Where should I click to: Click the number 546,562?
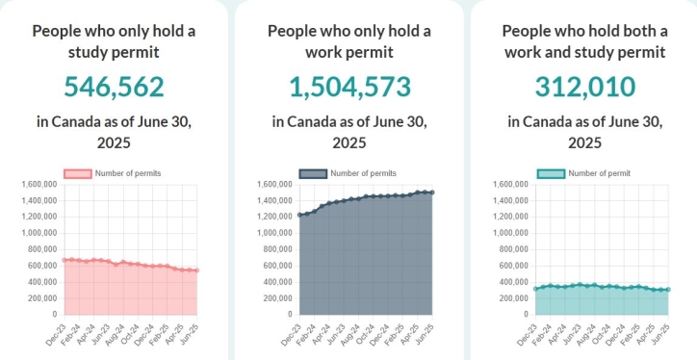tap(114, 87)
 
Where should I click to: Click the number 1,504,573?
tap(349, 87)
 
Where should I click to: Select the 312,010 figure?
tap(584, 87)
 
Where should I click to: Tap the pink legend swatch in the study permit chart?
tap(78, 173)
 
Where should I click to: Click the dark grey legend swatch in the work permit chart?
tap(313, 173)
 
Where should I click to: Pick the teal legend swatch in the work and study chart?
tap(550, 173)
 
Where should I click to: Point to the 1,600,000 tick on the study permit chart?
tap(37, 184)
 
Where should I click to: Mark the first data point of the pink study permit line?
tap(65, 260)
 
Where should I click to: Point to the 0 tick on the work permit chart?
tap(290, 315)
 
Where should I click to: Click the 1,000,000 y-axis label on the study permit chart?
tap(37, 233)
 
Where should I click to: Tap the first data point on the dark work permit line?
tap(300, 215)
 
